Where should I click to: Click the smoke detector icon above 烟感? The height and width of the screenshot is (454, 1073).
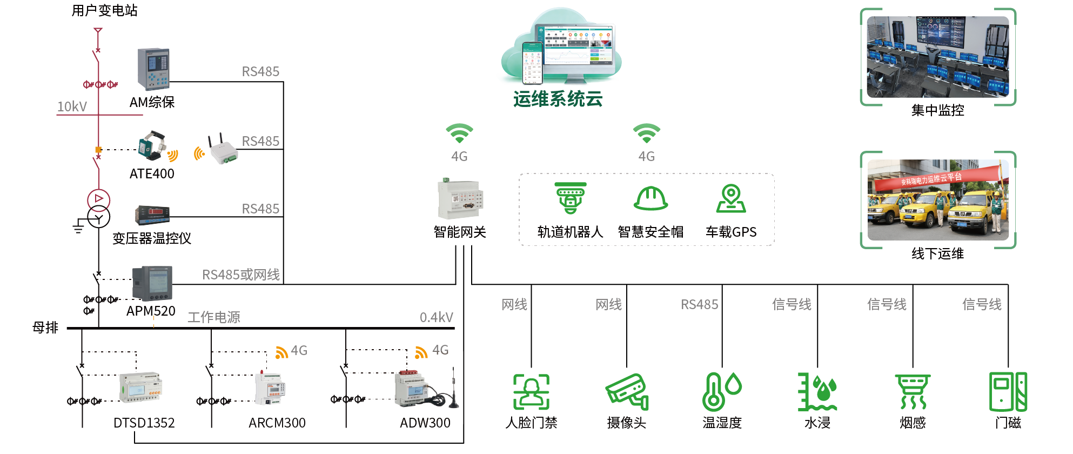913,392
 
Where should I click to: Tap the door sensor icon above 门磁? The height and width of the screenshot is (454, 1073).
1008,392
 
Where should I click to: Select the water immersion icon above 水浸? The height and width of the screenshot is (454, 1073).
817,392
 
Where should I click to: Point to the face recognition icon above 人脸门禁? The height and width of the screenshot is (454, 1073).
531,392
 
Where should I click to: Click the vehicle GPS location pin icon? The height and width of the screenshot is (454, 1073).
731,198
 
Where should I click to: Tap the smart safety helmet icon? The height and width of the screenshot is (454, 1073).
650,198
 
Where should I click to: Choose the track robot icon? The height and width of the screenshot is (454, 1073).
571,198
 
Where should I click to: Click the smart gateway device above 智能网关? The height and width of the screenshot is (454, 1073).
460,199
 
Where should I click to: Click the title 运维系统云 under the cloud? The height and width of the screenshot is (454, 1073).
558,99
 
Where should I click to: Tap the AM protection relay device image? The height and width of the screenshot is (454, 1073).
153,69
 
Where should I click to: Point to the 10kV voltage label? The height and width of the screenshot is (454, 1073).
72,106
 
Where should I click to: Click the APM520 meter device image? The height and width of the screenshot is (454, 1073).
152,283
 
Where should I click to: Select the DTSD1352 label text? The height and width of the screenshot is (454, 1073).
144,423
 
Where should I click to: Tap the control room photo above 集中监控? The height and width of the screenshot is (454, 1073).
938,57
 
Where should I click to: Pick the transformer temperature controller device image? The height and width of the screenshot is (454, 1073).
152,215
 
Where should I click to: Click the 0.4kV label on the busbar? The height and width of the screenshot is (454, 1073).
437,317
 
